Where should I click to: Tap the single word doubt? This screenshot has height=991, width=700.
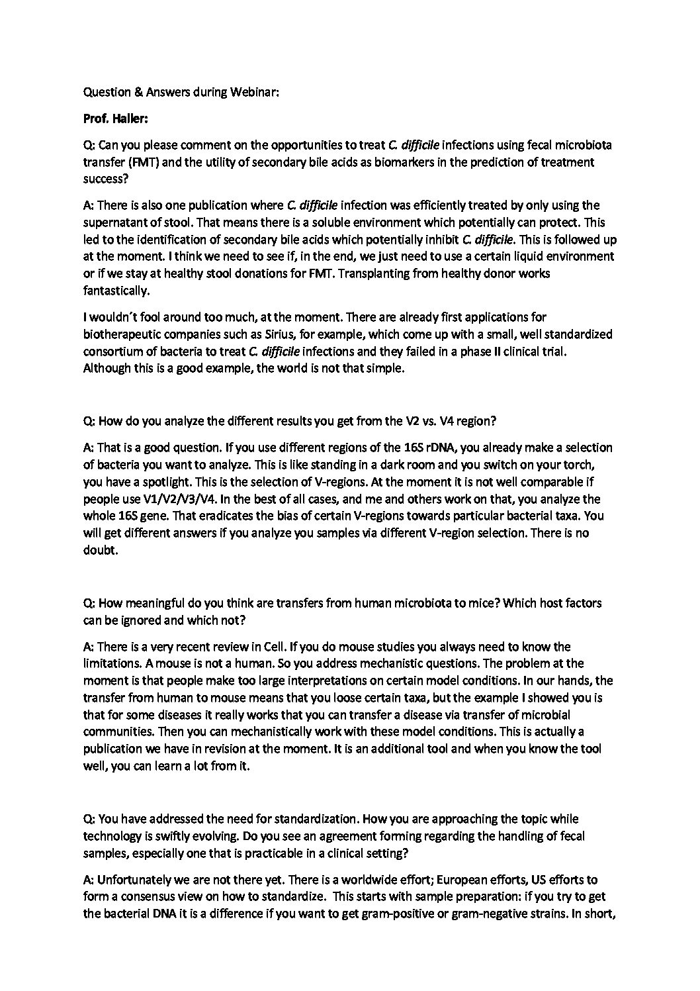(99, 550)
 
